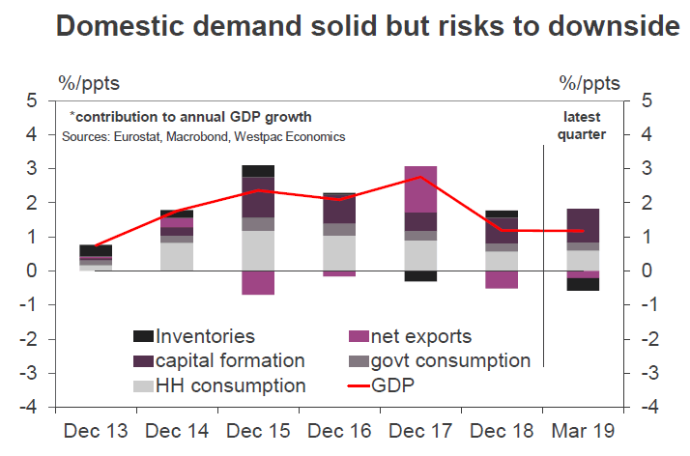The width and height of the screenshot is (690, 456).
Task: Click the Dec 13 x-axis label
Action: pos(95,429)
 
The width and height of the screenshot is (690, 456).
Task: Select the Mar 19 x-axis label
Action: pos(582,429)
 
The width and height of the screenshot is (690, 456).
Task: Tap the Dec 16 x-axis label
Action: pos(338,429)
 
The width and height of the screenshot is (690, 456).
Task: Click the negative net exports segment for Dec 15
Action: pos(258,282)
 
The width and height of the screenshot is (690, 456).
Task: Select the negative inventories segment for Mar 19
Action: pos(582,284)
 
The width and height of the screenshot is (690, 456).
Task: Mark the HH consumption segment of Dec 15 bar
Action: pos(258,250)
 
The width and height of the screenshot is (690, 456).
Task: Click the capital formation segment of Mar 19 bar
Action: pos(582,225)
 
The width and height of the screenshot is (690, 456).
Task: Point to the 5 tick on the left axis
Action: pos(33,100)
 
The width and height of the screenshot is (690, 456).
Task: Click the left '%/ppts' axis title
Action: pos(89,82)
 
